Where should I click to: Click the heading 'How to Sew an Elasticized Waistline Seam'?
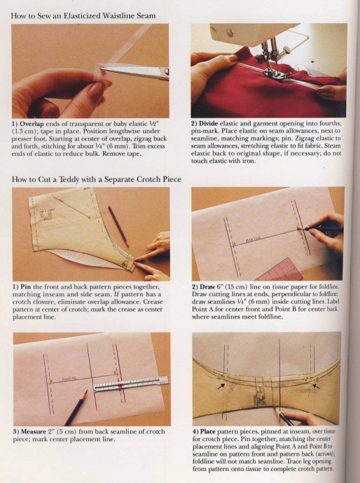click(83, 15)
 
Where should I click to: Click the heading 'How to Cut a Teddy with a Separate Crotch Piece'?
click(97, 179)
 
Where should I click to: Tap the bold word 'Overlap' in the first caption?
click(32, 124)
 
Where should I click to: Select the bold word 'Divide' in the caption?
click(208, 123)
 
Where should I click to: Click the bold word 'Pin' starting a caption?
click(25, 287)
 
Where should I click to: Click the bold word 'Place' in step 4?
click(208, 432)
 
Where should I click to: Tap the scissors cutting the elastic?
click(134, 70)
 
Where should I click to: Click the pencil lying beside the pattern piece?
click(118, 226)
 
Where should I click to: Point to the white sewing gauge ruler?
click(131, 383)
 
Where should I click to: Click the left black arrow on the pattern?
click(221, 386)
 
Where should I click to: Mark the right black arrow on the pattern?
click(316, 386)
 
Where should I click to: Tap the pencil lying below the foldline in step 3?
click(76, 408)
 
